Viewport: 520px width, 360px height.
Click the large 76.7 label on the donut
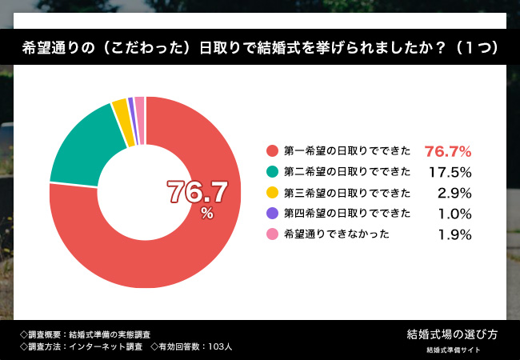197,191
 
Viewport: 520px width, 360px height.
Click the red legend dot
272,150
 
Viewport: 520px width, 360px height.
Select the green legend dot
272,171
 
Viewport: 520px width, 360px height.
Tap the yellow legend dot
272,192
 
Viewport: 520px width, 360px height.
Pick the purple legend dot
272,213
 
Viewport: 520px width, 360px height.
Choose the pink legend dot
272,234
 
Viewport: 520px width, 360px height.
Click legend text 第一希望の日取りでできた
347,150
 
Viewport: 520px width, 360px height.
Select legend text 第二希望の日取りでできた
347,171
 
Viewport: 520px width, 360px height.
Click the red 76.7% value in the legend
447,150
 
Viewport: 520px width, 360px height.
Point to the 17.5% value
449,171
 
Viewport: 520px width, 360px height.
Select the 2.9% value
454,192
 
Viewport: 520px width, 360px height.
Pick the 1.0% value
454,213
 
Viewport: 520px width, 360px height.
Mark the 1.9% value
454,234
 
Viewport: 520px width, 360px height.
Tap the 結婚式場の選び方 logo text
452,333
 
